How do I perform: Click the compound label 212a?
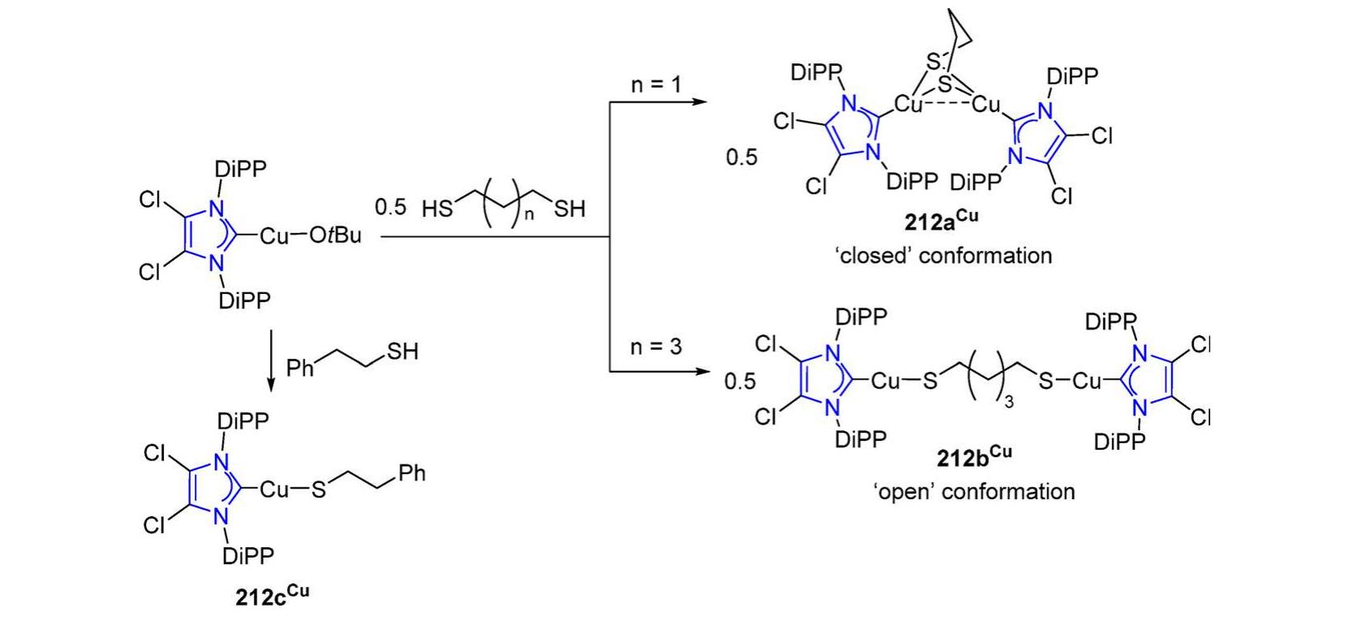(x=941, y=220)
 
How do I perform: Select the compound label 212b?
(x=974, y=455)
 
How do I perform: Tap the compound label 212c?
(x=273, y=595)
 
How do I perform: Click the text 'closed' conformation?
(x=943, y=256)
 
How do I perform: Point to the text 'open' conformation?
(x=974, y=491)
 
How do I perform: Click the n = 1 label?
(x=656, y=84)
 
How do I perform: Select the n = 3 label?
(x=656, y=347)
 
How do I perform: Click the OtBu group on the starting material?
(x=336, y=235)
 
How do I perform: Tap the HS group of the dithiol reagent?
(x=437, y=209)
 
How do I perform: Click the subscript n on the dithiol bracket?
(x=529, y=214)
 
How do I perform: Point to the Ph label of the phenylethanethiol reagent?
(x=299, y=368)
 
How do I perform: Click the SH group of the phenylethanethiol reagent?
(x=403, y=351)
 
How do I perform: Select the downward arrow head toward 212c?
(x=271, y=386)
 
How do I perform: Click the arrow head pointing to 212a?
(x=701, y=102)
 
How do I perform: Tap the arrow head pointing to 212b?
(x=702, y=370)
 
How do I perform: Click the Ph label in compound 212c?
(x=412, y=473)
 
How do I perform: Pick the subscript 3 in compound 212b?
(x=1009, y=402)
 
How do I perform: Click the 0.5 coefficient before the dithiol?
(x=390, y=207)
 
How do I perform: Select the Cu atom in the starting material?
(x=274, y=235)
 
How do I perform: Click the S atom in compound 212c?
(x=319, y=489)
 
